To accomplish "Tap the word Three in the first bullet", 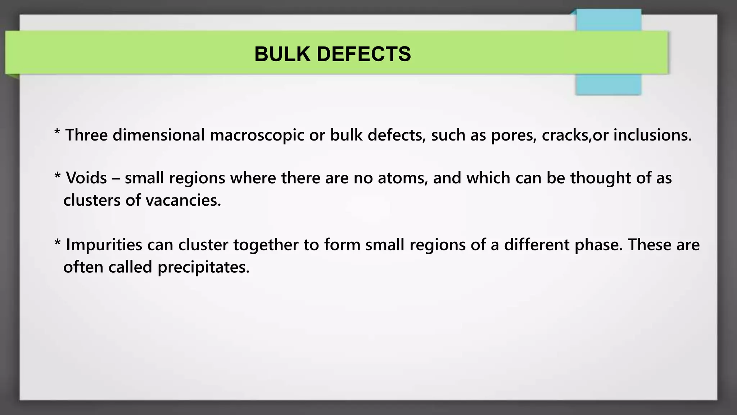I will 86,135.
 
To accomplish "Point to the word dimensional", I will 159,135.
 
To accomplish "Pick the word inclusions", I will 652,135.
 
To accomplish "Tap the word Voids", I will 86,178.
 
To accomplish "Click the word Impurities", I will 104,245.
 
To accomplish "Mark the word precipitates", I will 203,267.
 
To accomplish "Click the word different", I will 537,245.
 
